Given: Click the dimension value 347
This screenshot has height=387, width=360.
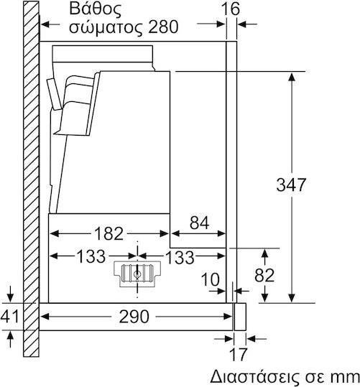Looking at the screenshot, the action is (x=291, y=185).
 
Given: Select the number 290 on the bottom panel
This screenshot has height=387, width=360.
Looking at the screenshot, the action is (x=134, y=317).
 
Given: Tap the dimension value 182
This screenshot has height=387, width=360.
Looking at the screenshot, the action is (x=109, y=233).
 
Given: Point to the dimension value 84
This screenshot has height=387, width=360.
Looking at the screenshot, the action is (x=199, y=223).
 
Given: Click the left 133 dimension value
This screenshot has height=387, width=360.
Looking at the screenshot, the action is (x=91, y=256).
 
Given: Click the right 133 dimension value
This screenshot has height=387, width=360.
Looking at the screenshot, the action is (x=180, y=257).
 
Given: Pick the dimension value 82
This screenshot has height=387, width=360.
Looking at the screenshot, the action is (x=264, y=275).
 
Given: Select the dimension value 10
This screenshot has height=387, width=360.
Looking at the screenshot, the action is (x=210, y=279).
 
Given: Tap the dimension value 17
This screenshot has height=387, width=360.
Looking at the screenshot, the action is (x=238, y=355).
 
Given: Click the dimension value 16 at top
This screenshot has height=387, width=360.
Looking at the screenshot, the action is (x=230, y=9).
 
